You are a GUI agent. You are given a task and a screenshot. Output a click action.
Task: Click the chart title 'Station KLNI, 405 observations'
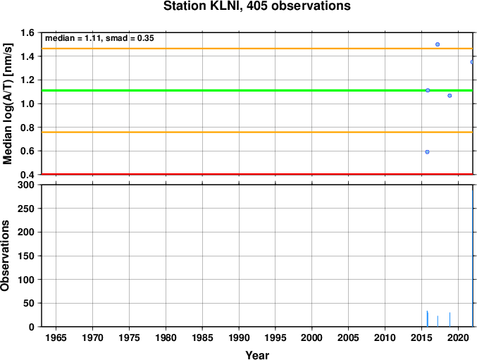[256, 6]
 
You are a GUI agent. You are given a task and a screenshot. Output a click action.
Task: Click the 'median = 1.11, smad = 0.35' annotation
[99, 38]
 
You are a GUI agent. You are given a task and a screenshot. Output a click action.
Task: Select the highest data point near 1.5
[438, 44]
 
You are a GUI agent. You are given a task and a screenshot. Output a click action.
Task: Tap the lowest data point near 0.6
[427, 151]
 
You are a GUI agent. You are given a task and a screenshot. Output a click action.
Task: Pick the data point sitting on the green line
[428, 90]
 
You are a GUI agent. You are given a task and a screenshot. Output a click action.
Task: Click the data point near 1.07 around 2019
[450, 96]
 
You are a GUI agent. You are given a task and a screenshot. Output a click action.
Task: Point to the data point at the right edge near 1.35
[472, 62]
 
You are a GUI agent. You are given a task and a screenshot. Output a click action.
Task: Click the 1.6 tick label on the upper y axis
[28, 32]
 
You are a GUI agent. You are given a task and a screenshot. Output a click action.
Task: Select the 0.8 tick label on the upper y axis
[28, 128]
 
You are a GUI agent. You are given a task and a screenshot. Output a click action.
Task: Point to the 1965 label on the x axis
[56, 337]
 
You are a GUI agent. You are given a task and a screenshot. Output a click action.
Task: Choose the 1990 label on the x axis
[239, 337]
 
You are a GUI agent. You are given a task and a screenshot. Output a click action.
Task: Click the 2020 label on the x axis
[458, 337]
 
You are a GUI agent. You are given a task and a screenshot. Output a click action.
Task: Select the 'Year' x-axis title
[257, 355]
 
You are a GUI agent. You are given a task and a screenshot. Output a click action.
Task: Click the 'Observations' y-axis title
[5, 256]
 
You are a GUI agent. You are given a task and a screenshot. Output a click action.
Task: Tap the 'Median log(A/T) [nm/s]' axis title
[8, 104]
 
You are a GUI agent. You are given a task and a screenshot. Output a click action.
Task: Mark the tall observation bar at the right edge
[473, 258]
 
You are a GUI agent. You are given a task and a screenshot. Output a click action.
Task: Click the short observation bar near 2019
[450, 320]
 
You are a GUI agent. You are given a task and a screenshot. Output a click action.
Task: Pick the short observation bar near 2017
[438, 321]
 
